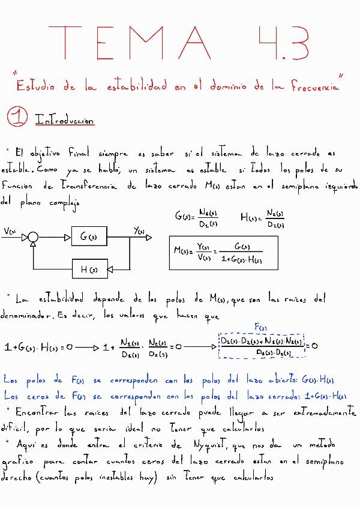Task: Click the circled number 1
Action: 17,118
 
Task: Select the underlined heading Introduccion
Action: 65,120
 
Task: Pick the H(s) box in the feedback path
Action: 89,269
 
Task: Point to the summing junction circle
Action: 34,238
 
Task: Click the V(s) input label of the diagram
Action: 10,230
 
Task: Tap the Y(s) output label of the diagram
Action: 140,231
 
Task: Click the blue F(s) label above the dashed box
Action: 261,327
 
